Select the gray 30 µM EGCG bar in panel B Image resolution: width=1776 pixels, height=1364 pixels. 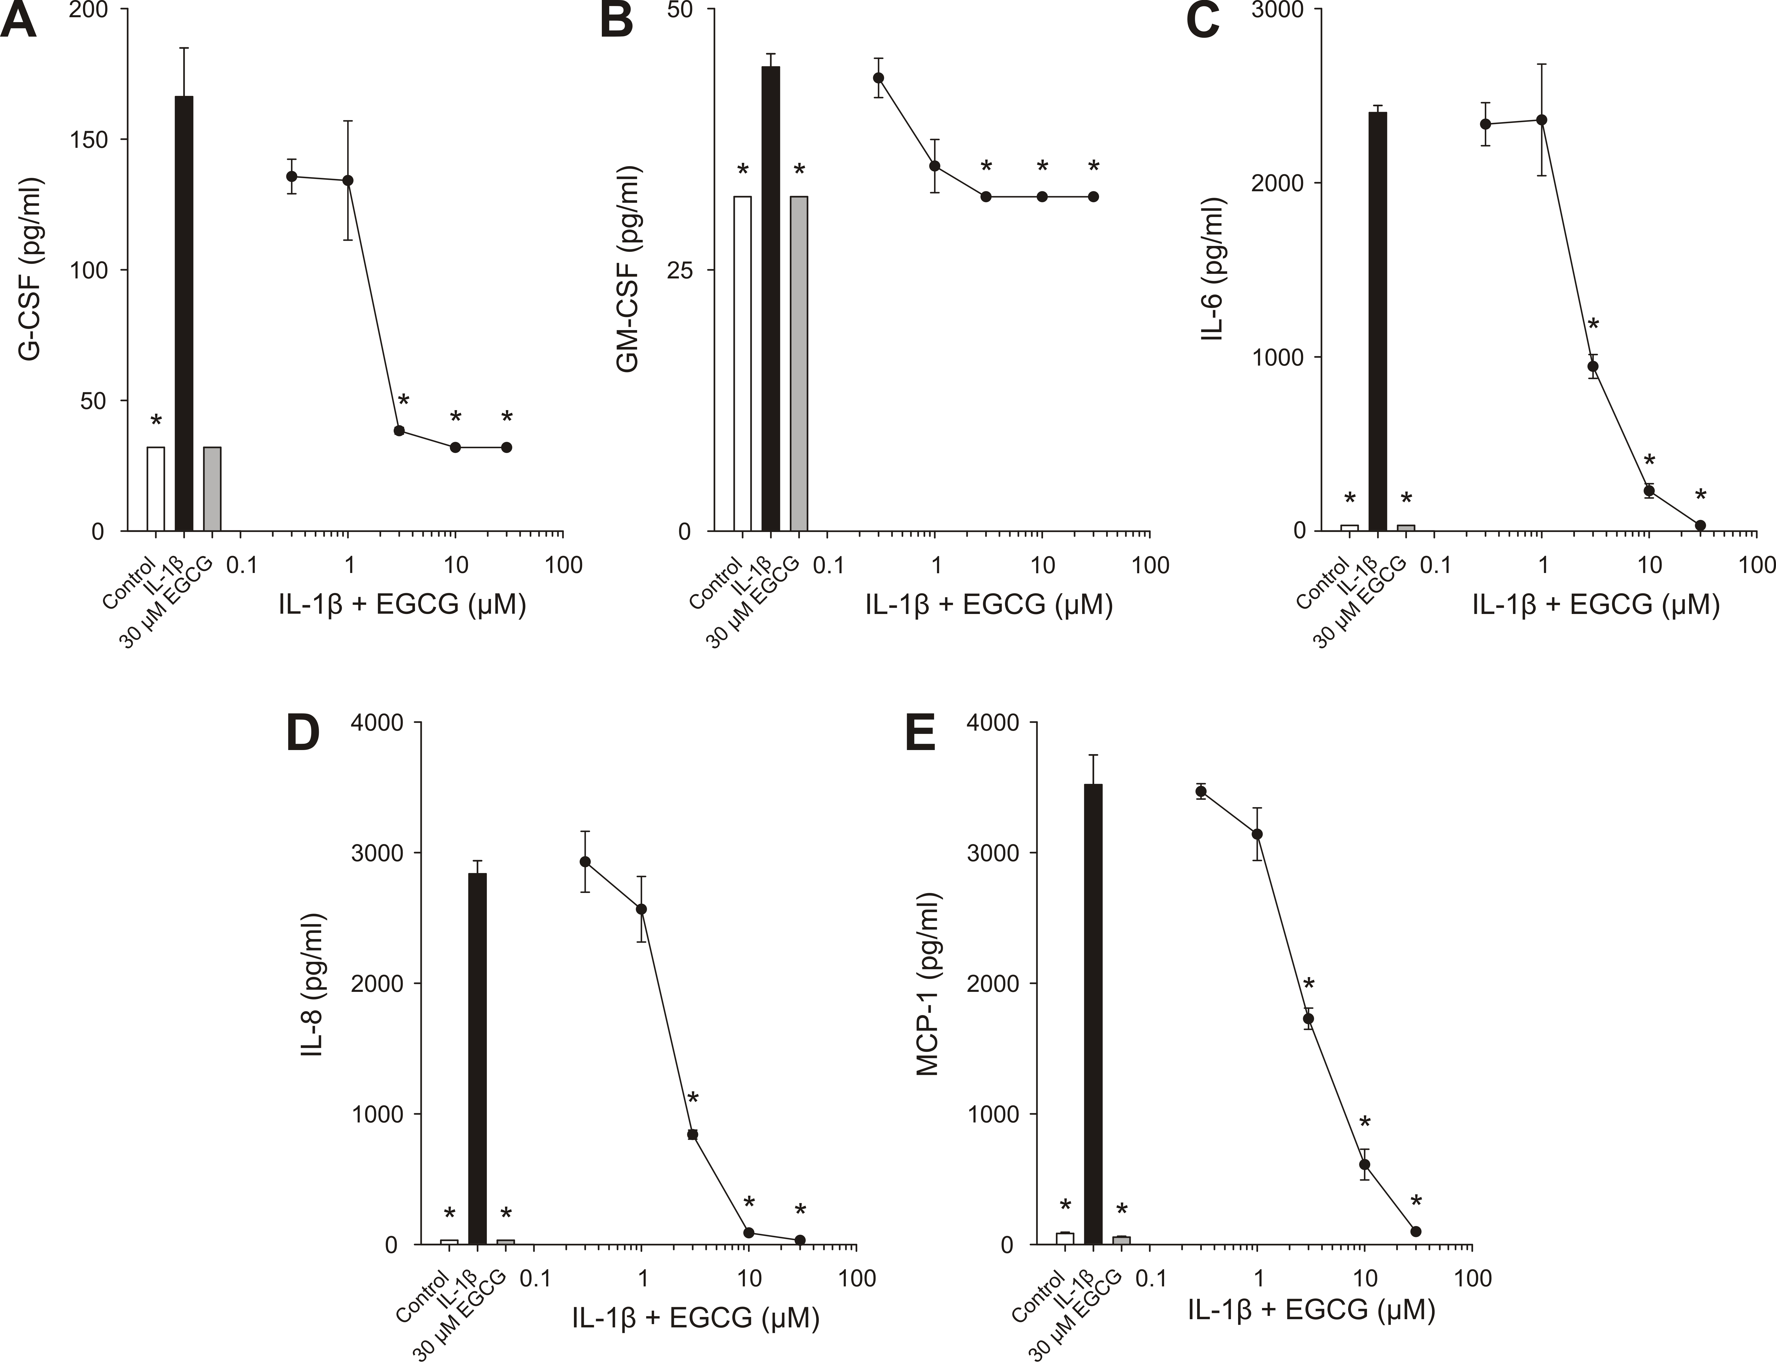[x=799, y=364]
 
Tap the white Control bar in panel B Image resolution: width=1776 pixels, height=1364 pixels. [x=742, y=364]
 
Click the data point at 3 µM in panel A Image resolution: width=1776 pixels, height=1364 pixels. [x=399, y=430]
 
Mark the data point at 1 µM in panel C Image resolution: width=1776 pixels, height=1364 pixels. [x=1541, y=120]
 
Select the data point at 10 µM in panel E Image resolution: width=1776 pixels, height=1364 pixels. [x=1365, y=1164]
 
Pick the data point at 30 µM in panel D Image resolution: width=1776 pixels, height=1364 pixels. [x=800, y=1240]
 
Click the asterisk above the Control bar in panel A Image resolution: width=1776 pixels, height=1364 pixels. [x=156, y=421]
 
